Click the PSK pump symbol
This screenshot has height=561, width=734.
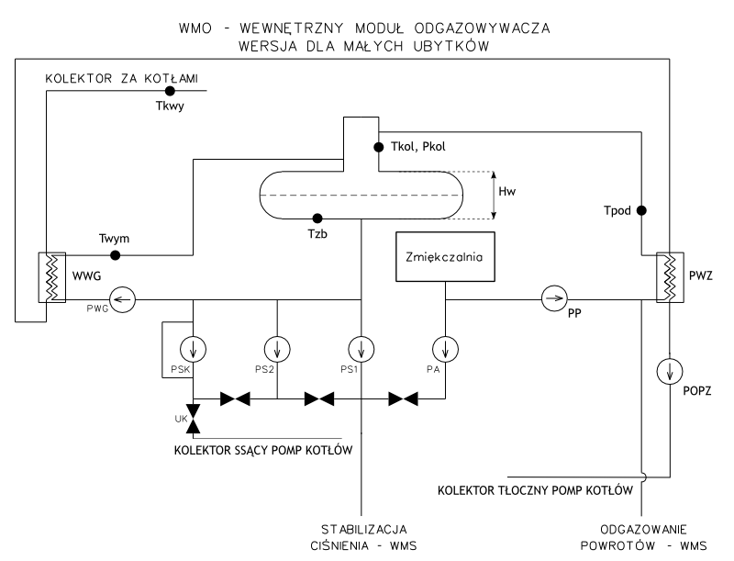(x=194, y=349)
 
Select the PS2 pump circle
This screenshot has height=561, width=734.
(x=276, y=349)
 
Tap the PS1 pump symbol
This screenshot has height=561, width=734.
(x=361, y=349)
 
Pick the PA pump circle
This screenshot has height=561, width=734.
(x=445, y=349)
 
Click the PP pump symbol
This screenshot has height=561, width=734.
(x=553, y=297)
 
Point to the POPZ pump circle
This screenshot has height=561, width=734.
(x=670, y=372)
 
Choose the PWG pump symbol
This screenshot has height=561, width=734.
(x=122, y=297)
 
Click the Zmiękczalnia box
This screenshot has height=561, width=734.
(x=445, y=256)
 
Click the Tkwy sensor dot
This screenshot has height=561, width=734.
(x=170, y=93)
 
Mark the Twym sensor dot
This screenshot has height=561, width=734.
(x=116, y=254)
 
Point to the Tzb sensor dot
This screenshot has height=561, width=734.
(x=317, y=219)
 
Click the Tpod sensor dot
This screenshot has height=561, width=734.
(x=642, y=210)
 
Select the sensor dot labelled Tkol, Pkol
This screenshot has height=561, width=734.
(x=377, y=146)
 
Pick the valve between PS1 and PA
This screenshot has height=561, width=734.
(x=403, y=399)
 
